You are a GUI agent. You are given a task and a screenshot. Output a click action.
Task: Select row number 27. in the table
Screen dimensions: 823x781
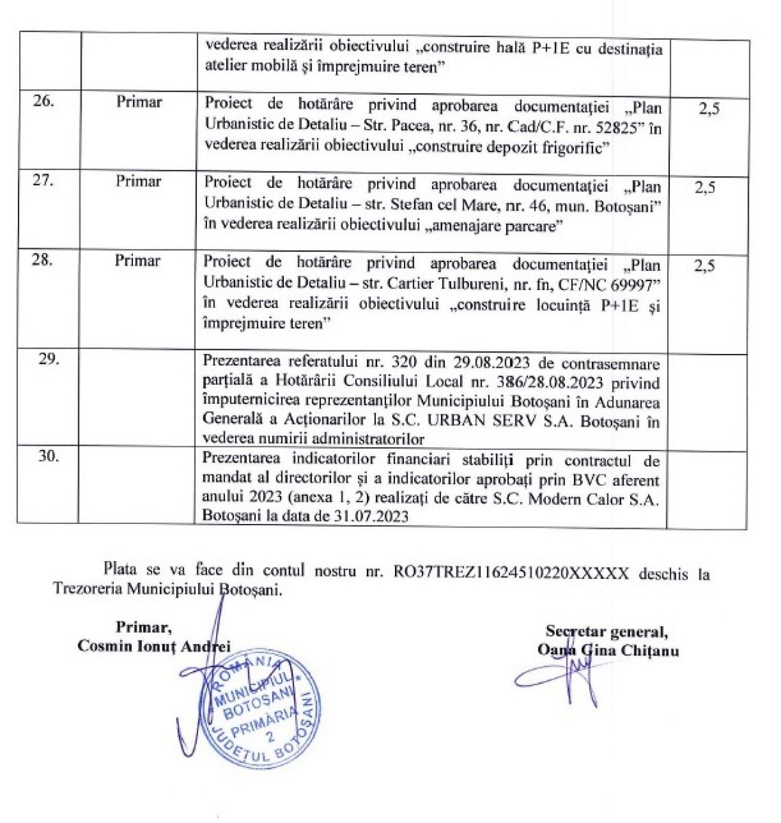43,182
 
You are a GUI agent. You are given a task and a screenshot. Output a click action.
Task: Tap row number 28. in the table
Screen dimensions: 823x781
43,261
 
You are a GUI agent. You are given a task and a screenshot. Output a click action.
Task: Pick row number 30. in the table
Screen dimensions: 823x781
48,455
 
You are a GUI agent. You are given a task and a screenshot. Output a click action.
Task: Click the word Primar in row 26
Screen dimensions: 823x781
139,103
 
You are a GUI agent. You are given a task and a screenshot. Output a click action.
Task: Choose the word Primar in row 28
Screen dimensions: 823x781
138,261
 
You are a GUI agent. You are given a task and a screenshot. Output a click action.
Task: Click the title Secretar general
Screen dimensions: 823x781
608,631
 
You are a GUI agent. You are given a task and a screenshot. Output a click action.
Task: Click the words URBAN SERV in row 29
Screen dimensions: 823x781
488,421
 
